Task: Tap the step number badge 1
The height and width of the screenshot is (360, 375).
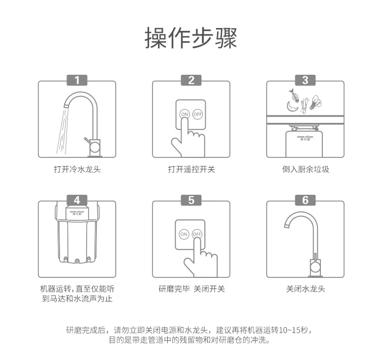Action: coord(77,80)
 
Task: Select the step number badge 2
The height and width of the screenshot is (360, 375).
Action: coord(191,80)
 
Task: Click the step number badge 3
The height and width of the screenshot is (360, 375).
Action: coord(305,80)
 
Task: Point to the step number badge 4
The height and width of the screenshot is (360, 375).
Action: coord(77,200)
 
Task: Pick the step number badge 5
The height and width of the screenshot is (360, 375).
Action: coord(191,200)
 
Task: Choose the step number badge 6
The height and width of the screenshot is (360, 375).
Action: coord(305,200)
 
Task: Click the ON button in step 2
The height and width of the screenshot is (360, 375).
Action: coord(185,114)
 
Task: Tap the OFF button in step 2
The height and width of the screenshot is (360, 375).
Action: coord(197,114)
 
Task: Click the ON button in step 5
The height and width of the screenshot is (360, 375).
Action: coord(184,234)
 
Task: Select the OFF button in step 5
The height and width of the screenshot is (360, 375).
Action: coord(197,234)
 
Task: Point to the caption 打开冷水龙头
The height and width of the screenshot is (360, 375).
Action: coord(77,169)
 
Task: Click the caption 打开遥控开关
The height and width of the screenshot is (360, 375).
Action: coord(191,169)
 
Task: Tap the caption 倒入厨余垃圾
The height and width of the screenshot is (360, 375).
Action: coord(305,169)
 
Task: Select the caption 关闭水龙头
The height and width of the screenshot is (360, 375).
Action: coord(305,289)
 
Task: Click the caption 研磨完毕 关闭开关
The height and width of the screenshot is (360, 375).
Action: coord(191,289)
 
